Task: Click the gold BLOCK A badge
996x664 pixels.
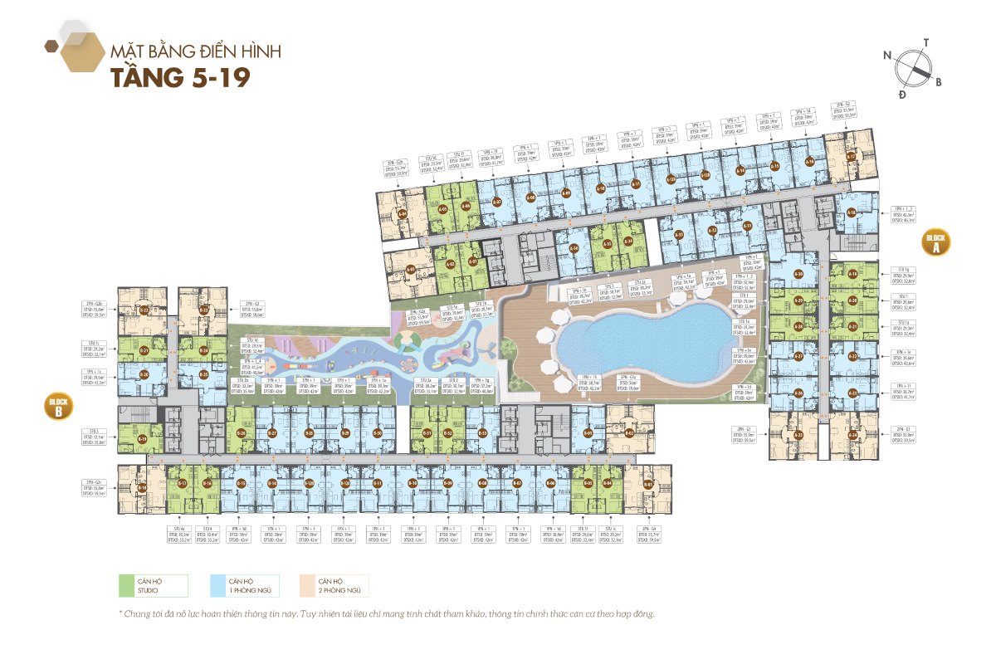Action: point(935,243)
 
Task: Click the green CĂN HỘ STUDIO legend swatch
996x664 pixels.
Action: point(126,586)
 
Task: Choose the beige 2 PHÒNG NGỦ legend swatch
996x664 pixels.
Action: point(306,586)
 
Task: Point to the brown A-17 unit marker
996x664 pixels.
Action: point(851,156)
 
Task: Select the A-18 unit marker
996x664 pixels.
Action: point(851,213)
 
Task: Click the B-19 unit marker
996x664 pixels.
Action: point(142,439)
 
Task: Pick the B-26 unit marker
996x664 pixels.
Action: point(241,433)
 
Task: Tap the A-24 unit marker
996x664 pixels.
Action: point(853,435)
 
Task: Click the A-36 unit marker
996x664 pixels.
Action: point(798,393)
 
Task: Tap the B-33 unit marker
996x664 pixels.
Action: point(482,433)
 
